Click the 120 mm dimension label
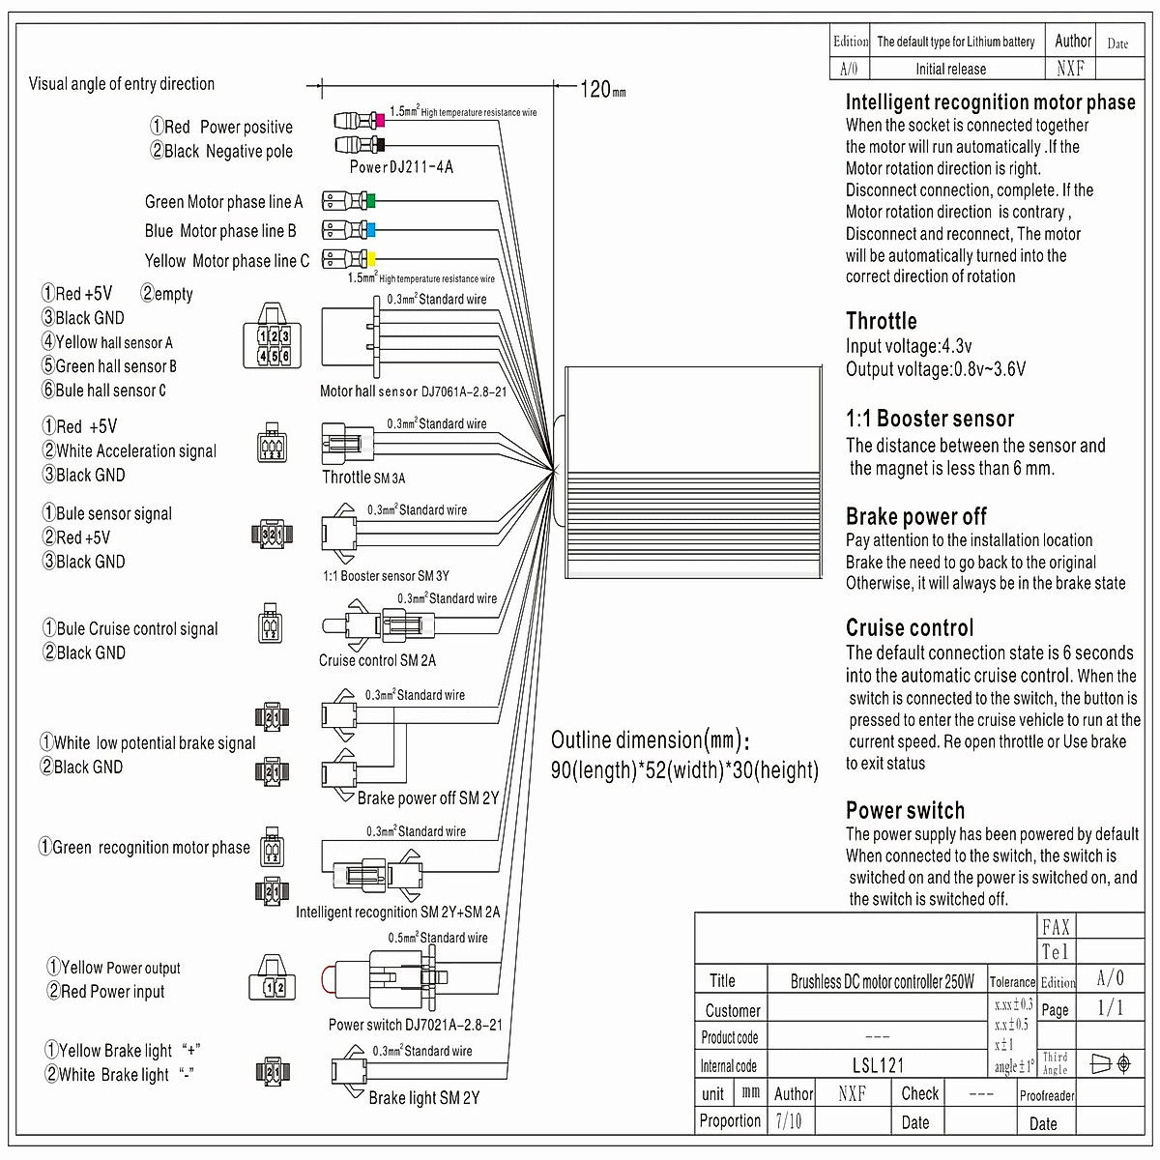click(601, 90)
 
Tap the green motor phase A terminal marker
click(369, 202)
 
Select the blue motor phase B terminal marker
click(369, 231)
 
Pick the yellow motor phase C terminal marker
click(369, 259)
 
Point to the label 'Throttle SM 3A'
click(363, 478)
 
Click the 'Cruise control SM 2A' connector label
click(377, 661)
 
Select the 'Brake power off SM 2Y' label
click(427, 798)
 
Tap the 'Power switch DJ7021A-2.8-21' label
click(415, 1025)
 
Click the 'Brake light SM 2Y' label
click(423, 1098)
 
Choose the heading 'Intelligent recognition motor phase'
click(990, 102)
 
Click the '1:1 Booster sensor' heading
click(929, 420)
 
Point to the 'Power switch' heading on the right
click(905, 811)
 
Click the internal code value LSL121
click(878, 1066)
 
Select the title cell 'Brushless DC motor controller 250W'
click(882, 982)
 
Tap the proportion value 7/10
click(789, 1121)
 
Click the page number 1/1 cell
click(1111, 1008)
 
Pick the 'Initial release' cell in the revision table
click(950, 70)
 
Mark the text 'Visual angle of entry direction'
click(122, 84)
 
